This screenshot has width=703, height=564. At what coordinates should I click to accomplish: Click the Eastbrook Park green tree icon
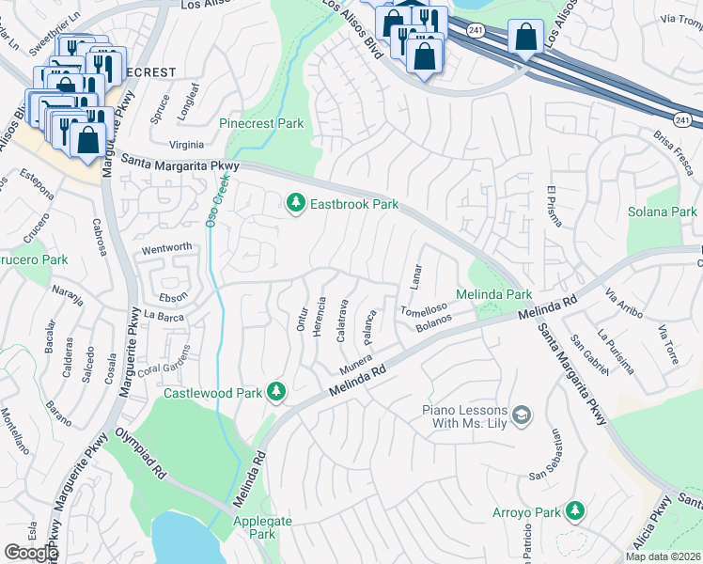pyautogui.click(x=296, y=203)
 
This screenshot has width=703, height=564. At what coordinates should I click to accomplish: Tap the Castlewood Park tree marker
pyautogui.click(x=276, y=390)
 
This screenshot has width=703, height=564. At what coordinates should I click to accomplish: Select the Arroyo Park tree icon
pyautogui.click(x=574, y=512)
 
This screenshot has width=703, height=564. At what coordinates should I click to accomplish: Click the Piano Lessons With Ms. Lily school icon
pyautogui.click(x=522, y=414)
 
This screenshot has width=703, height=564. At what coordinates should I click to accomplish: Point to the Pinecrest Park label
pyautogui.click(x=261, y=123)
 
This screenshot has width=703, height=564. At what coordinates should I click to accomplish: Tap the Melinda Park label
pyautogui.click(x=494, y=294)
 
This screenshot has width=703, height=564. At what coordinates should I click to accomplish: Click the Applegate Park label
pyautogui.click(x=262, y=527)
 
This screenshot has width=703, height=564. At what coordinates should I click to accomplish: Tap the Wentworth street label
pyautogui.click(x=166, y=247)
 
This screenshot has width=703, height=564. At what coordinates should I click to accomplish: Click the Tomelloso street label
pyautogui.click(x=423, y=311)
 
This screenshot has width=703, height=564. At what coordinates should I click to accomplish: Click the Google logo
pyautogui.click(x=31, y=553)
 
